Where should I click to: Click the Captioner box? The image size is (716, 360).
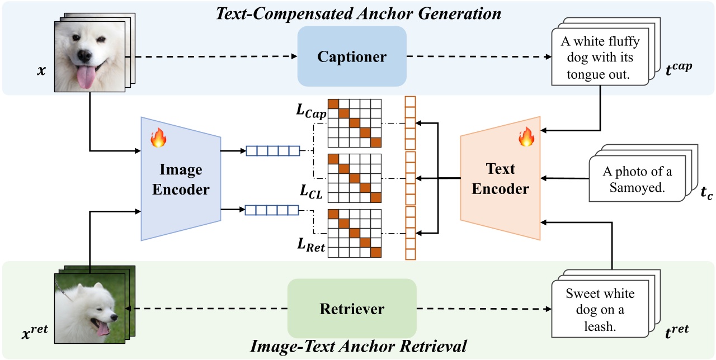352,56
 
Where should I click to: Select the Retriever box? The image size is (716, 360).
352,308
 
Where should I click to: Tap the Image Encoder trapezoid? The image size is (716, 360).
180,179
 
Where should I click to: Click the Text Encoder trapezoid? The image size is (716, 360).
500,179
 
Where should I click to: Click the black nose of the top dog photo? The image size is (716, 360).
84,56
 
